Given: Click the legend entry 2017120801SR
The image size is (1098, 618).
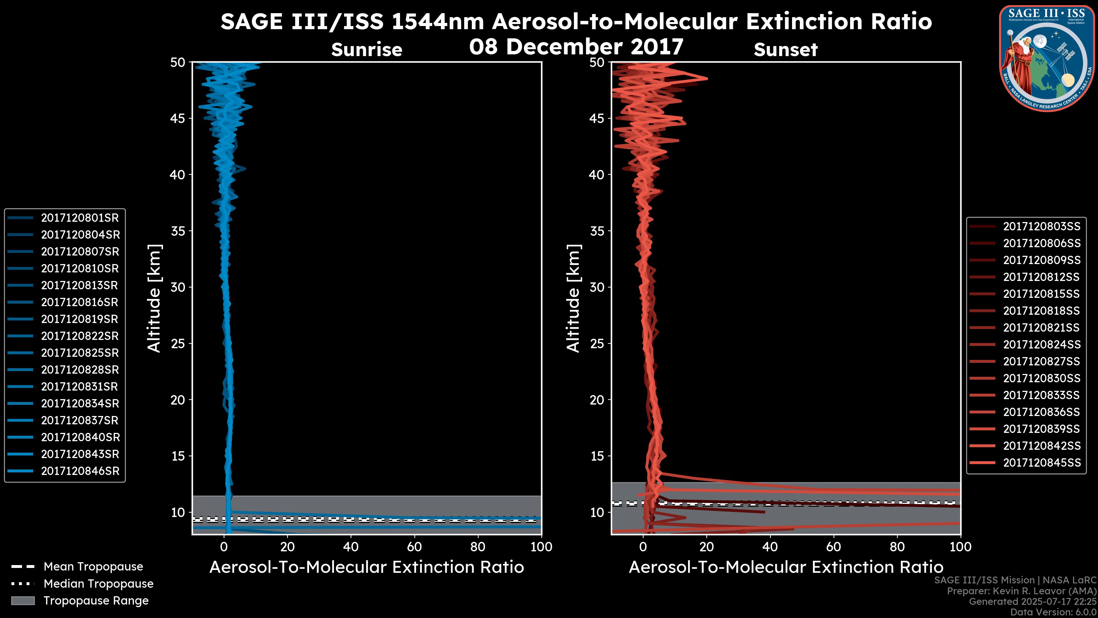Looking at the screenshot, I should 80,218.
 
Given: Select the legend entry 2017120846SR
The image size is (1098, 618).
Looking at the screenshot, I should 80,471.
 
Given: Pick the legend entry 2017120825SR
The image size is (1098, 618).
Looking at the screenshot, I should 80,353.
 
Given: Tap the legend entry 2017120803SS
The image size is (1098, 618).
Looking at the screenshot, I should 1042,227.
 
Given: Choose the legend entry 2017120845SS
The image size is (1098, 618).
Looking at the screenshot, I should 1042,463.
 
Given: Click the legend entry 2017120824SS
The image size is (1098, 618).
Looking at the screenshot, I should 1042,344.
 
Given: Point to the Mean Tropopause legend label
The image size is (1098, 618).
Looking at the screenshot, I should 93,567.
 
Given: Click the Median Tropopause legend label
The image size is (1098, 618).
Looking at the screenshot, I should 98,584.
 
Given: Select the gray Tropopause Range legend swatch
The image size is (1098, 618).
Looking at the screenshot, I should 23,601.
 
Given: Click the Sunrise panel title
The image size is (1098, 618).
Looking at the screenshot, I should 367,50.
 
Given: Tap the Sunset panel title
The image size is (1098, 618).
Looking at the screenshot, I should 785,50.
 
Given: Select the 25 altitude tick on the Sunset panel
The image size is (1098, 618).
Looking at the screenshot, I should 597,344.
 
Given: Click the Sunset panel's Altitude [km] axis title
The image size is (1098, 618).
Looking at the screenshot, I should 573,298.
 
